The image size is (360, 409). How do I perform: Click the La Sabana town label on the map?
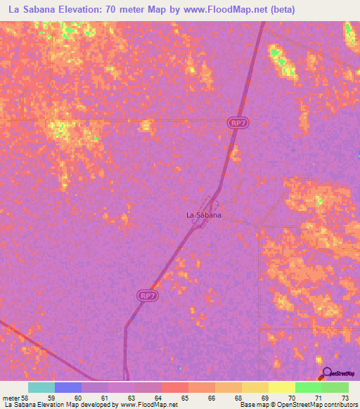(x=203, y=215)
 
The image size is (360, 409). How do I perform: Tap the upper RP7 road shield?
(x=238, y=122)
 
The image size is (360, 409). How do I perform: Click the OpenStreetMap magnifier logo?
(x=326, y=372)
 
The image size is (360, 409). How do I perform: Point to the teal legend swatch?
(x=41, y=387)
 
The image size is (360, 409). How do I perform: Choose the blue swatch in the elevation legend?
(x=68, y=387)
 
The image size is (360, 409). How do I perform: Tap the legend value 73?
(x=344, y=398)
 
